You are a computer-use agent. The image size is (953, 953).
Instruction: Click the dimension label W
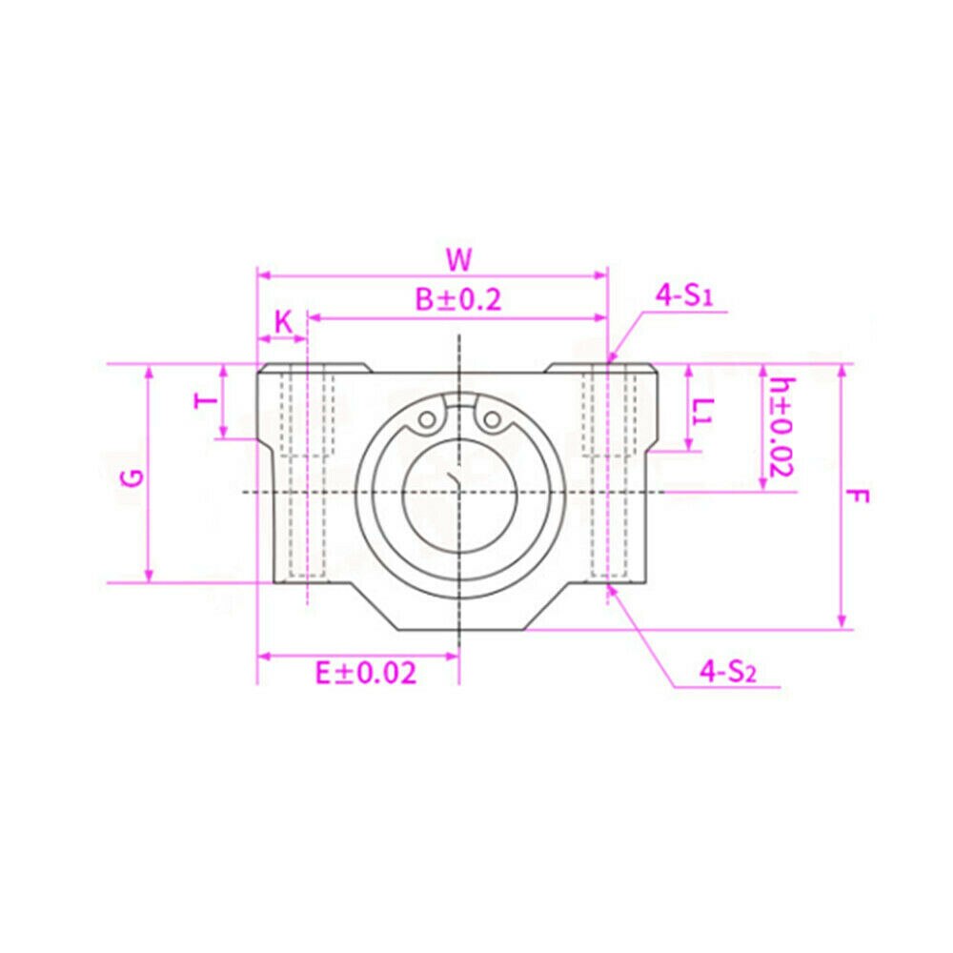[x=458, y=258]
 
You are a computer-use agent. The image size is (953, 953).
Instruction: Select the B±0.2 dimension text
[x=457, y=300]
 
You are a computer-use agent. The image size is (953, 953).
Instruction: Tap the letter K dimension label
[x=283, y=322]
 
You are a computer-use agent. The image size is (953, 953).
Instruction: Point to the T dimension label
[x=204, y=402]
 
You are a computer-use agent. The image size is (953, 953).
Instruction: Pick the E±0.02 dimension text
[x=366, y=674]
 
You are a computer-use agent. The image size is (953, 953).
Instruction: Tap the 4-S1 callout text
[x=684, y=295]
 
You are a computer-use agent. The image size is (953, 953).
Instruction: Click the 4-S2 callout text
[x=727, y=672]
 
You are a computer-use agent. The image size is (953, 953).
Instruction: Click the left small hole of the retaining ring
[x=429, y=418]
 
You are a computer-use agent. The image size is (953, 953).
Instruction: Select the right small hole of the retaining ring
[x=491, y=418]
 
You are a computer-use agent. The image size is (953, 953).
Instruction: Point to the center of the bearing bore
[x=459, y=492]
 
